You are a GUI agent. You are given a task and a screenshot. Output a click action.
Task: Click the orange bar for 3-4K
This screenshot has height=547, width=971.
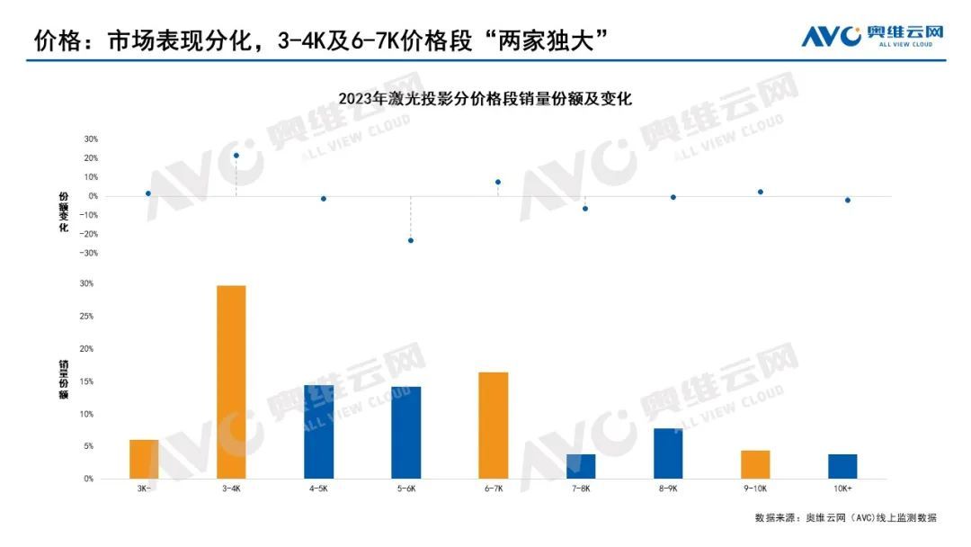tap(231, 381)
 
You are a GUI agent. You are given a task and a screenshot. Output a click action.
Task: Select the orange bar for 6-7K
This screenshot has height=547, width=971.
tap(494, 425)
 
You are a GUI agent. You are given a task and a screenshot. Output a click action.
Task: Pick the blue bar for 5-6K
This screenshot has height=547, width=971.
tap(406, 433)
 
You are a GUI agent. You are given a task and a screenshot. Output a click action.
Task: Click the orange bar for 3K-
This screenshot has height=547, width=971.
tap(144, 459)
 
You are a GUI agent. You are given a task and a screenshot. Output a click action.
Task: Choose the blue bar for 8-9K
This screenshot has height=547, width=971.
tap(668, 453)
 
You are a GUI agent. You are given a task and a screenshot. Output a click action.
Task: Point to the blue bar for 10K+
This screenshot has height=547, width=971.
tap(842, 466)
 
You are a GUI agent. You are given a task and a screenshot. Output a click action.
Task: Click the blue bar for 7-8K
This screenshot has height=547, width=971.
tap(581, 466)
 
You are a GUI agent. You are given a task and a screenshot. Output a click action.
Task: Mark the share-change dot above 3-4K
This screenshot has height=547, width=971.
tap(236, 156)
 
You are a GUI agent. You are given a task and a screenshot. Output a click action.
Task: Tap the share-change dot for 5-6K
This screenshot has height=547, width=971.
tap(411, 240)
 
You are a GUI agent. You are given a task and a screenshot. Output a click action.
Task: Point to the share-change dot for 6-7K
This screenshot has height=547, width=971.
tap(498, 182)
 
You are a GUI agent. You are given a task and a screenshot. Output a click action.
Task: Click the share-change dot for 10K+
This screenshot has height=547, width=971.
tap(848, 200)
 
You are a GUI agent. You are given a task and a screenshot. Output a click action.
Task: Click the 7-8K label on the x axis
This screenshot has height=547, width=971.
tap(581, 488)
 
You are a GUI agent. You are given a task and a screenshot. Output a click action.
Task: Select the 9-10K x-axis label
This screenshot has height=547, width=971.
tap(755, 488)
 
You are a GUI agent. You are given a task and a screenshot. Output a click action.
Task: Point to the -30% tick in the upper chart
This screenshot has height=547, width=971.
tap(90, 253)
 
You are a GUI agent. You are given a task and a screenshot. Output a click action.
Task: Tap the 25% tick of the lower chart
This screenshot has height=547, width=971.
tap(88, 317)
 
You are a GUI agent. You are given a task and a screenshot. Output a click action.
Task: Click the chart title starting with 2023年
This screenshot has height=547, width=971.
tap(485, 99)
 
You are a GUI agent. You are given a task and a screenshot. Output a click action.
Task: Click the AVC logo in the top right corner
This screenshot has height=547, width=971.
tap(872, 35)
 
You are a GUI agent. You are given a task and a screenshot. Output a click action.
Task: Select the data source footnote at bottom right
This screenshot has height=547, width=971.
tap(846, 517)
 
